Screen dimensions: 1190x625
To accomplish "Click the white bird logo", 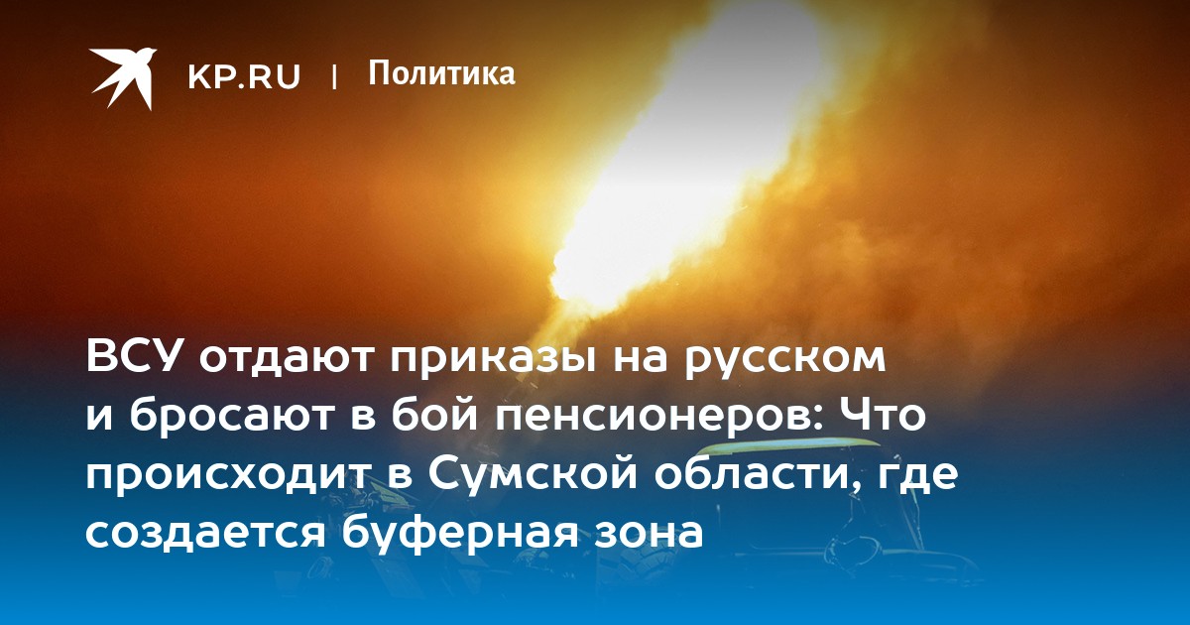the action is tap(123, 78).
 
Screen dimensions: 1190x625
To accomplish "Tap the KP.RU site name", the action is tap(244, 76).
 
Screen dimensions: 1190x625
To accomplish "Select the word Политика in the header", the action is tap(441, 73).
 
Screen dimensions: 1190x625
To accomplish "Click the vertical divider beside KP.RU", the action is tap(334, 76).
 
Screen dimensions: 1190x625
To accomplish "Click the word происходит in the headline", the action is tap(227, 478).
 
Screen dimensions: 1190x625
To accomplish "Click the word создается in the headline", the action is tap(205, 533).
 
